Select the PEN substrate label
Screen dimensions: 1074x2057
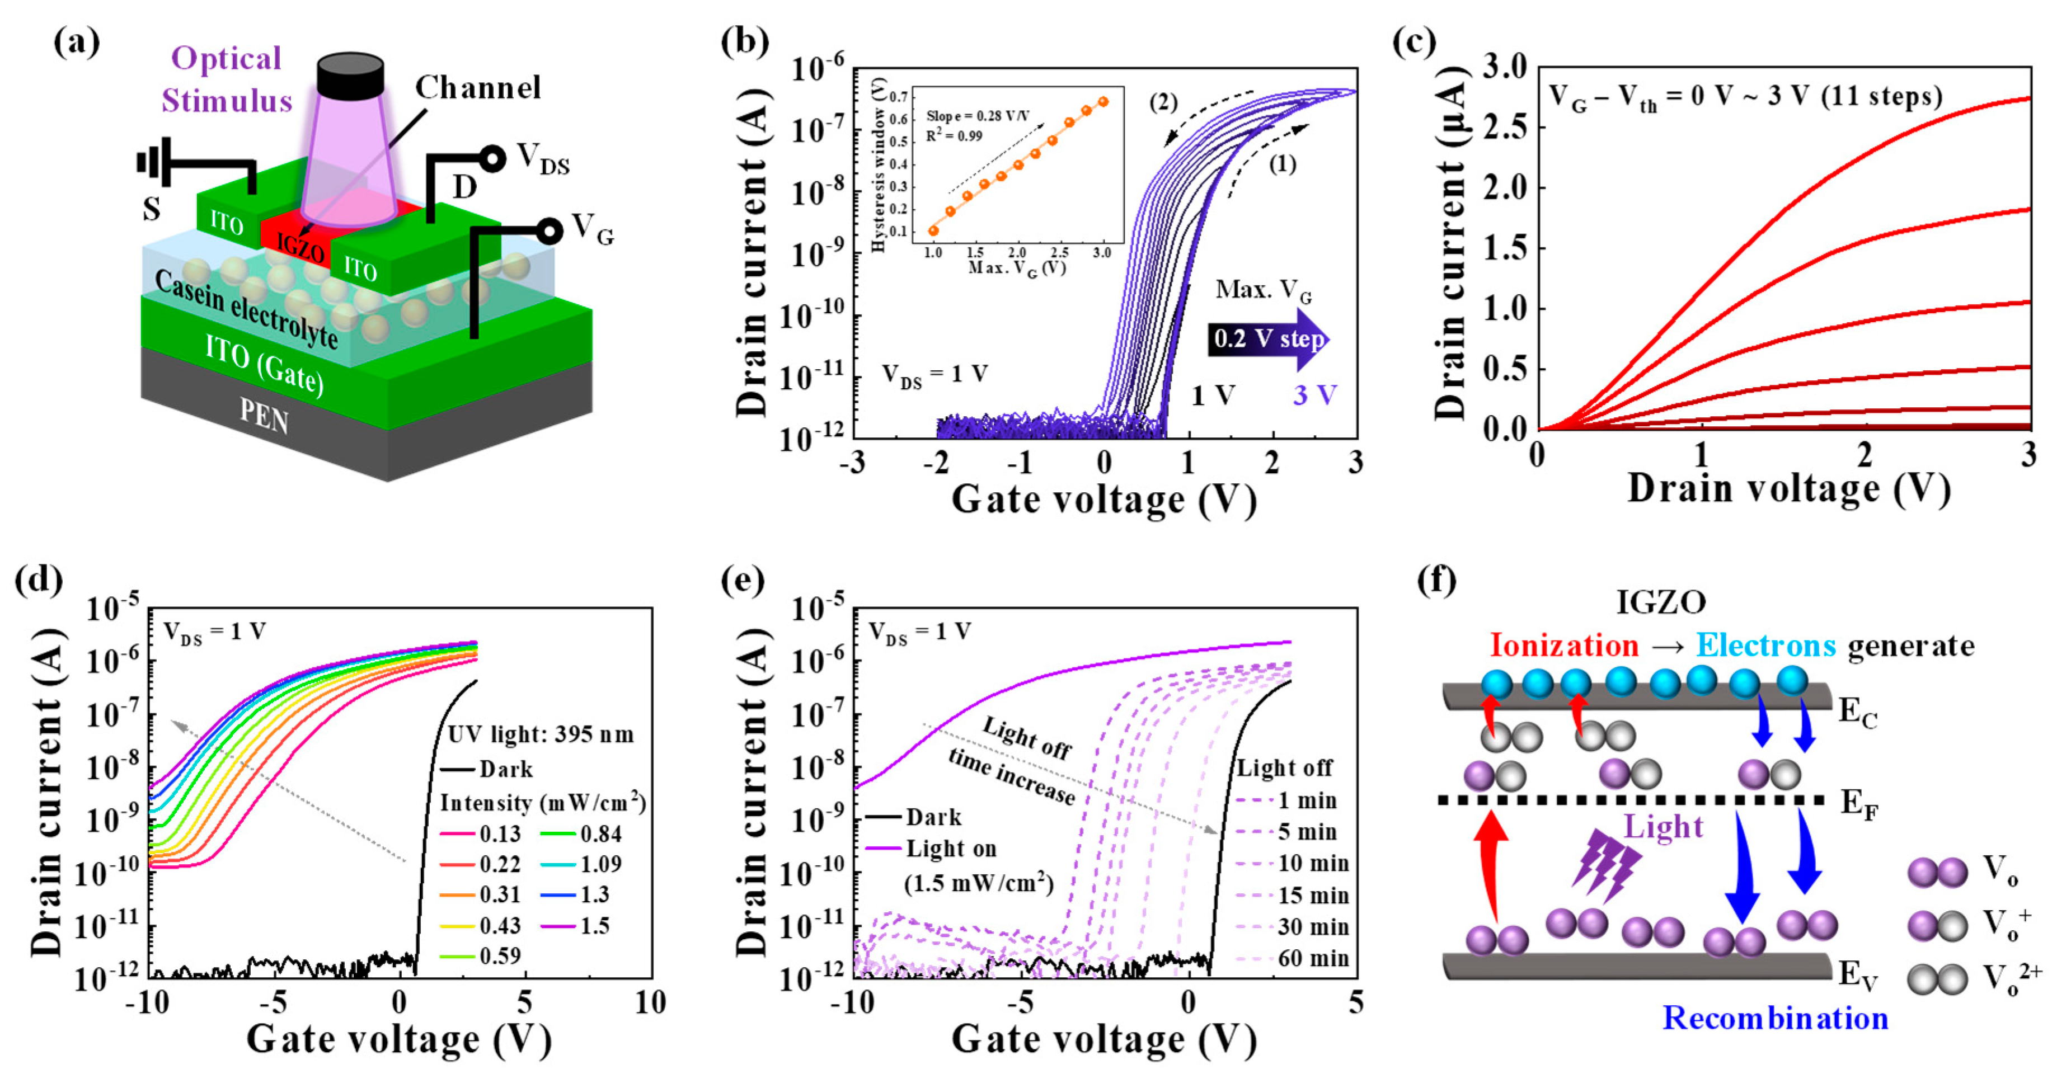pos(264,415)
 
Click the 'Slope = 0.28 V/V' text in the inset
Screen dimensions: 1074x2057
pos(978,116)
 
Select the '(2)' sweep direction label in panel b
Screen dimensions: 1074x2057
pos(1163,102)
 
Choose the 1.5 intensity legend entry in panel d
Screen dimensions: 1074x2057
pos(594,925)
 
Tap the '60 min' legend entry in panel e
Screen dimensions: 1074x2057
pos(1313,958)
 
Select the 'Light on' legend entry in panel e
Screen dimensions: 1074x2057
pos(950,848)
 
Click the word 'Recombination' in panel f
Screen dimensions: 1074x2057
pos(1775,1018)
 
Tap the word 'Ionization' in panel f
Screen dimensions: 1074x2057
pos(1563,645)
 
